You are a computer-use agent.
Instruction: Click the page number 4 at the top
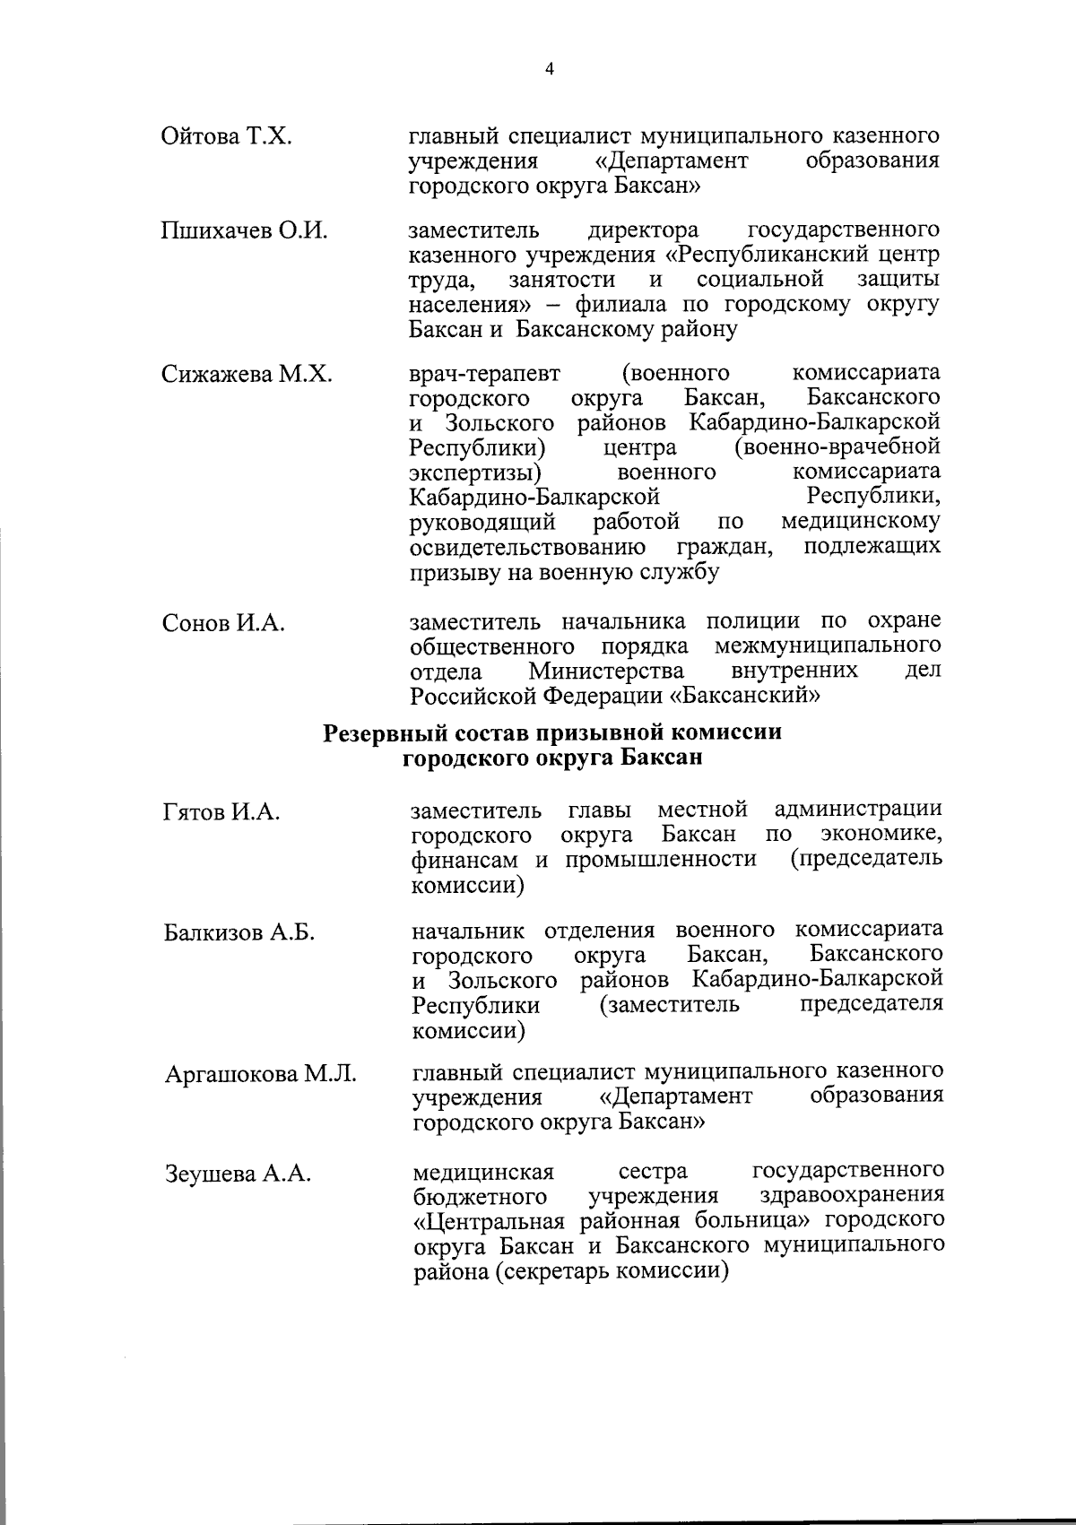550,69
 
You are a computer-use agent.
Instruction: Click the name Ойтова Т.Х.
228,136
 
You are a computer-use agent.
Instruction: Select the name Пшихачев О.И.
244,230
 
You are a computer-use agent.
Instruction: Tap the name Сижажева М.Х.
247,374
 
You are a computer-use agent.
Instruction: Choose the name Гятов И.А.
222,812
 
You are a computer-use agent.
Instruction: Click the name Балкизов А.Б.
239,932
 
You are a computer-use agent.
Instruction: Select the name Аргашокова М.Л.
260,1073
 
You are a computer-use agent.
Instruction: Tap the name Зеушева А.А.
238,1174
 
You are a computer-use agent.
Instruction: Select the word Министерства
606,671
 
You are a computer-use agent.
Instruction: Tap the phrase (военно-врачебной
837,446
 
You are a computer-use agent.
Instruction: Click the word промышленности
661,860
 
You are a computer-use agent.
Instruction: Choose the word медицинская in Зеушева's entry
483,1171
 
